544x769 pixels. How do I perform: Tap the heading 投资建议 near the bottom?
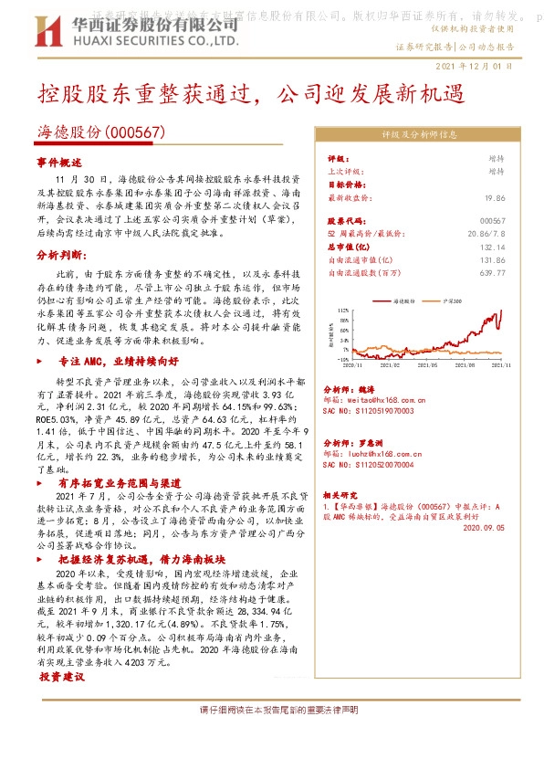pos(61,677)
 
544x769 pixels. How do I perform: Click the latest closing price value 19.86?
pos(495,196)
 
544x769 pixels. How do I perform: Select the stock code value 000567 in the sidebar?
pos(492,221)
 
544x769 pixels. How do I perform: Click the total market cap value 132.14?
pos(492,247)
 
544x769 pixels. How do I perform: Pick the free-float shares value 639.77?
pos(492,272)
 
